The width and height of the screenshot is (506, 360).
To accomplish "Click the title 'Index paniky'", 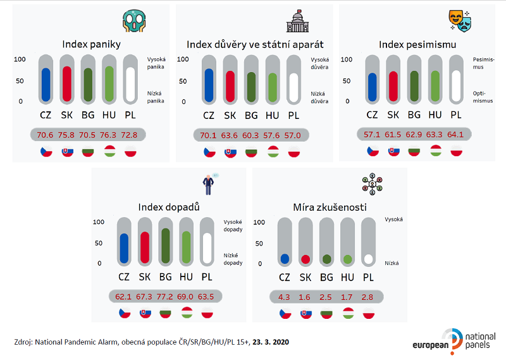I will (91, 44).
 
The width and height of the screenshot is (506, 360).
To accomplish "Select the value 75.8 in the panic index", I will (67, 135).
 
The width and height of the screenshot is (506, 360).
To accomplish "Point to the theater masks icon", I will (460, 22).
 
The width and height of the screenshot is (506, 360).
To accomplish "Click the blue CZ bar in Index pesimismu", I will (373, 87).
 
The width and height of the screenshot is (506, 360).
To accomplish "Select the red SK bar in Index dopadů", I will (144, 246).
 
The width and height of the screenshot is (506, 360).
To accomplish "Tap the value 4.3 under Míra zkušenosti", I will (285, 297).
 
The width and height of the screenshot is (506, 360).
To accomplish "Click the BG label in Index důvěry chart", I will (252, 115).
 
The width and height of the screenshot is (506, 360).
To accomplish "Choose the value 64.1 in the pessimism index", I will (456, 135).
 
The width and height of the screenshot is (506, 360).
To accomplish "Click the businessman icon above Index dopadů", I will (209, 184).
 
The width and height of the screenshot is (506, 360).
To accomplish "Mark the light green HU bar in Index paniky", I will (109, 84).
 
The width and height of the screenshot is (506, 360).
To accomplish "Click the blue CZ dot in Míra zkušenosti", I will (285, 259).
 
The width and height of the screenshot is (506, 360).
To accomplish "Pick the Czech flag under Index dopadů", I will (123, 313).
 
